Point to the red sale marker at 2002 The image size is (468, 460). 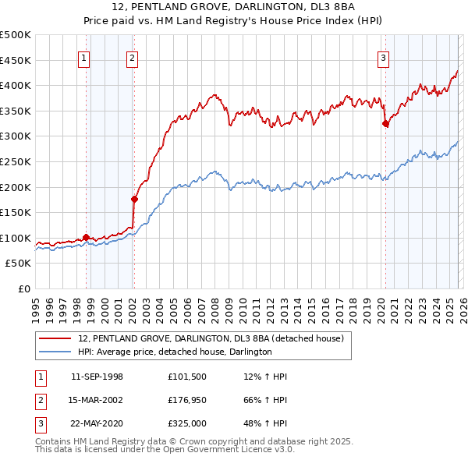point(134,199)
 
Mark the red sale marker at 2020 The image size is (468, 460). point(385,123)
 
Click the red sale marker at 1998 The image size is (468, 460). point(86,237)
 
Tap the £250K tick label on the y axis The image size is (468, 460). point(16,161)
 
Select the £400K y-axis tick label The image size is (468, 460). point(16,86)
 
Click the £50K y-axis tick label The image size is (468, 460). point(18,264)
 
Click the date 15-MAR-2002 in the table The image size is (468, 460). point(97,400)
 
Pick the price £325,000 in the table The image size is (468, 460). point(187,423)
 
